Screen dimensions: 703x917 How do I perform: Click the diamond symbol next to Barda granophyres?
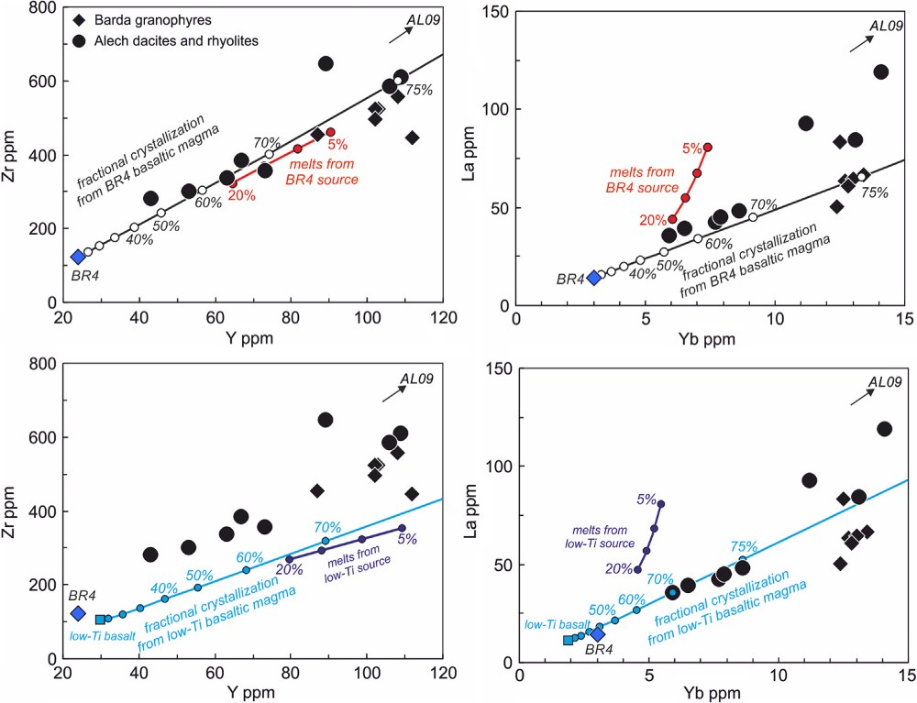(83, 20)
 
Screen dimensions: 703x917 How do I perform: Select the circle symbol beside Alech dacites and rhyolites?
(83, 40)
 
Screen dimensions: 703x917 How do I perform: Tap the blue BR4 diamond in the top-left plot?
(78, 257)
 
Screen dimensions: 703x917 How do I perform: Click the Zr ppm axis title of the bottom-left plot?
(13, 511)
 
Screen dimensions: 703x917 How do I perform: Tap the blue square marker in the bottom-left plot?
(100, 620)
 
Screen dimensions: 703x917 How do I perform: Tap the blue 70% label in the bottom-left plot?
(327, 527)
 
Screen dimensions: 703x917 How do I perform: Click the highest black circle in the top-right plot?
(881, 71)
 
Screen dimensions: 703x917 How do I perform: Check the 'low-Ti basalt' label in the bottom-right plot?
(552, 624)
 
